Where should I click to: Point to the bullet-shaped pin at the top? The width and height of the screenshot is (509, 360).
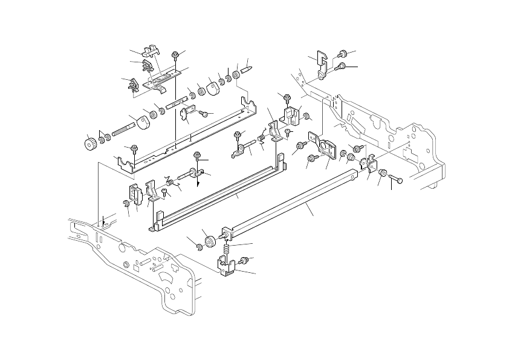tap(247, 70)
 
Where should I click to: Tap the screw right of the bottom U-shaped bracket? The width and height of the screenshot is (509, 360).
tap(245, 260)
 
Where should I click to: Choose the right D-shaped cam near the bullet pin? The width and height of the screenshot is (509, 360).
tap(213, 88)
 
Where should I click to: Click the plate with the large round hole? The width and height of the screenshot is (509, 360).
tap(324, 148)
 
